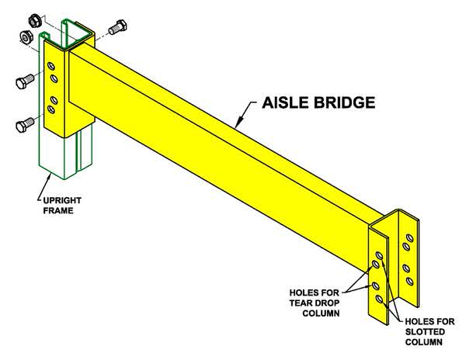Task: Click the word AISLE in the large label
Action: pos(285,102)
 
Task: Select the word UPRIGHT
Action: pos(62,200)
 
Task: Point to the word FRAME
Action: pos(58,210)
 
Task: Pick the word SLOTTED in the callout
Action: pos(425,331)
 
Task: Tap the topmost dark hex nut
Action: pos(35,20)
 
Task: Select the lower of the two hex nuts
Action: pos(26,37)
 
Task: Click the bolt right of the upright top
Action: pos(118,27)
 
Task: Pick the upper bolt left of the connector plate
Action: pos(25,81)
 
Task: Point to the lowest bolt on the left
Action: pos(25,125)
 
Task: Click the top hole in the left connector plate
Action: pos(51,66)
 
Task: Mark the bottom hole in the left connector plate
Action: pos(51,109)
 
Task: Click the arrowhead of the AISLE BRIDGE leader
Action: pos(238,123)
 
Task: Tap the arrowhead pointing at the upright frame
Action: pos(49,178)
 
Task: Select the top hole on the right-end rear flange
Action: pos(409,238)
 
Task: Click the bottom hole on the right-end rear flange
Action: pos(409,281)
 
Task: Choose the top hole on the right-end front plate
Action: pos(379,255)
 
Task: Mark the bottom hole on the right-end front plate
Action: pos(379,299)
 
